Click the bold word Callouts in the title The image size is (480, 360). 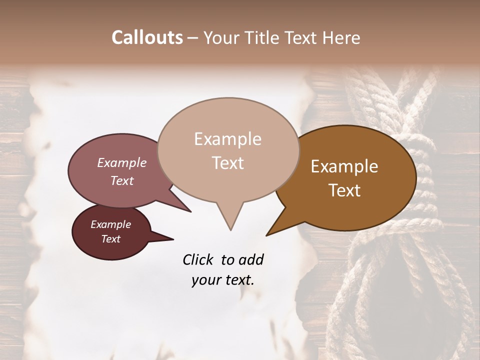tap(147, 37)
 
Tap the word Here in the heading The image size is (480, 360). tap(342, 38)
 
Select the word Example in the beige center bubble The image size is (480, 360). tap(227, 139)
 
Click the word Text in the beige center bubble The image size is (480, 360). tap(227, 163)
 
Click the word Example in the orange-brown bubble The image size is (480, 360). tap(344, 166)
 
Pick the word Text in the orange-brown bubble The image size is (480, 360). tap(344, 190)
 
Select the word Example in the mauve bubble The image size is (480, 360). tap(121, 163)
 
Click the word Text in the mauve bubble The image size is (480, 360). tap(121, 181)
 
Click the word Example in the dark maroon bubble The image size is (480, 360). tap(110, 224)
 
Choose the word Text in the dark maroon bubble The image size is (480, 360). tap(110, 239)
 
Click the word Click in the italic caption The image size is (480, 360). tap(198, 259)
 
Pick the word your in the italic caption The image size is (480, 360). tap(206, 280)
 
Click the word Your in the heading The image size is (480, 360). tap(223, 38)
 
